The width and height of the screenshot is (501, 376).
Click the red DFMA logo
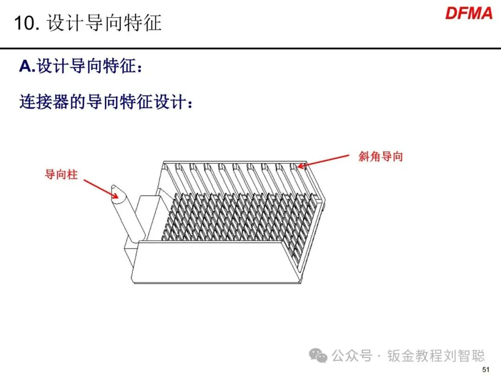(469, 13)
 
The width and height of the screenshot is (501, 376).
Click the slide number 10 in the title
(25, 23)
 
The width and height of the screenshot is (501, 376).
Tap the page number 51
(486, 370)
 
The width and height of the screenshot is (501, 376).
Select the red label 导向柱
(61, 175)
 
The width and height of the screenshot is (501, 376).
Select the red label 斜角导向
(380, 156)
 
